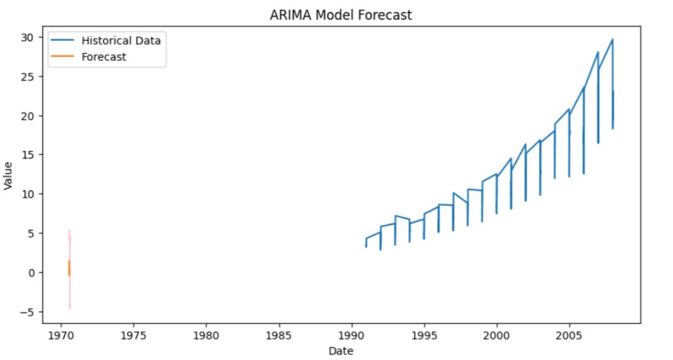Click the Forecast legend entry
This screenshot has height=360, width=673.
[104, 57]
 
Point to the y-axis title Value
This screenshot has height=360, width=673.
[9, 175]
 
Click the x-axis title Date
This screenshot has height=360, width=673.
[340, 351]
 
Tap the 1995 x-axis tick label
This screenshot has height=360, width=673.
[424, 335]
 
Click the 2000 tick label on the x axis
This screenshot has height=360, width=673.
[496, 335]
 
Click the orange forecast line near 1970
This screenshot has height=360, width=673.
[69, 268]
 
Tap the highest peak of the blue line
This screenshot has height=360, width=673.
[612, 39]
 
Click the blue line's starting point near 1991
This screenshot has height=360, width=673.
[366, 239]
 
